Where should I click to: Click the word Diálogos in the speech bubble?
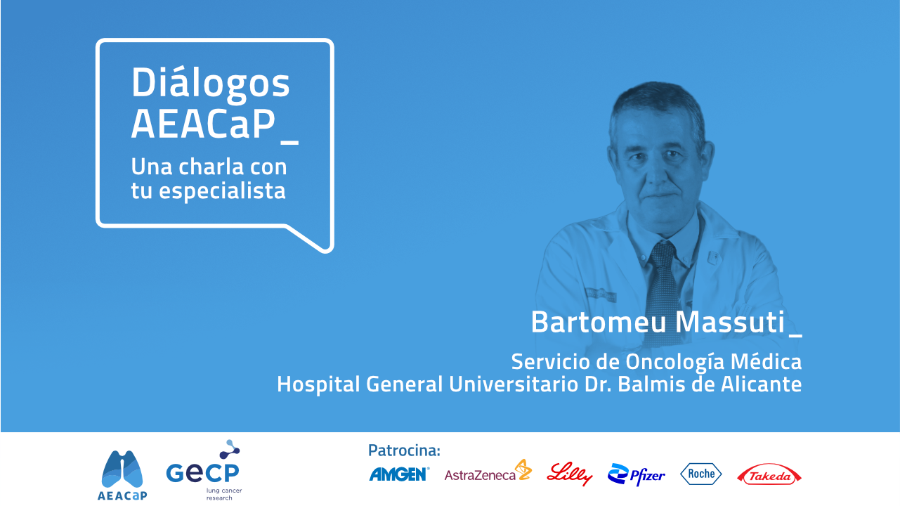click(x=211, y=84)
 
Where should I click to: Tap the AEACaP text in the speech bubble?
click(x=204, y=124)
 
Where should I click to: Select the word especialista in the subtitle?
click(x=222, y=191)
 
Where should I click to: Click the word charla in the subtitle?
click(x=211, y=167)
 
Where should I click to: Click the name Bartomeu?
click(x=599, y=322)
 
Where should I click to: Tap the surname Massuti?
click(x=730, y=322)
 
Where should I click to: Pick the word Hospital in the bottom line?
click(x=318, y=384)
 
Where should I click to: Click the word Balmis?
click(x=653, y=384)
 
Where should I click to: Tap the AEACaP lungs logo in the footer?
click(x=122, y=475)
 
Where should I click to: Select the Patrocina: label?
click(x=404, y=450)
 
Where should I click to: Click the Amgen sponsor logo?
click(x=399, y=474)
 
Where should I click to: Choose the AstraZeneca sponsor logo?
click(x=488, y=471)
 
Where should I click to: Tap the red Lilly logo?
click(x=570, y=474)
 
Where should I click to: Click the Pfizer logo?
click(x=637, y=474)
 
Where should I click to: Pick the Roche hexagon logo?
click(x=701, y=474)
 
